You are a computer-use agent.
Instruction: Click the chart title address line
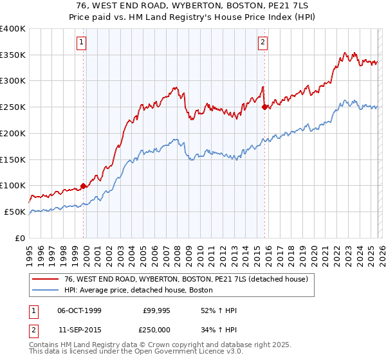(x=192, y=4)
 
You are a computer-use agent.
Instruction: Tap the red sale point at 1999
(x=84, y=186)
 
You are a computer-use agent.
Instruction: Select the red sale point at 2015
(x=264, y=107)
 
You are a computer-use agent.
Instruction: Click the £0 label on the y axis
(x=21, y=238)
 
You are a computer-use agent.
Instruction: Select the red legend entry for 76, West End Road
(x=187, y=280)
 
